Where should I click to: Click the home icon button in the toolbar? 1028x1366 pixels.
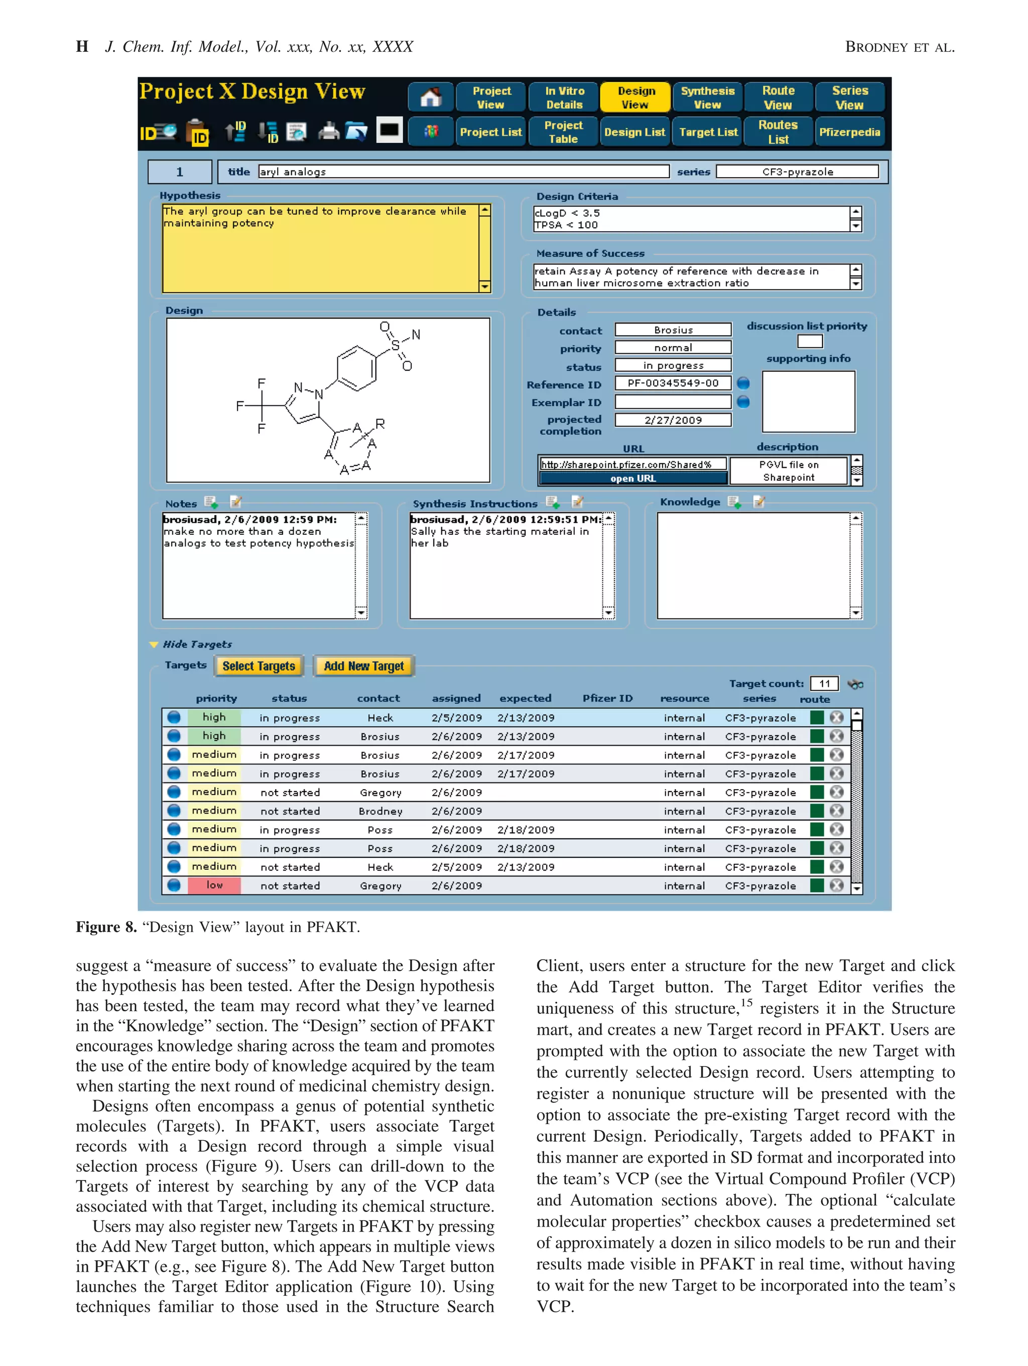point(431,97)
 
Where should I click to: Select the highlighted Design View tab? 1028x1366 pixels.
point(635,97)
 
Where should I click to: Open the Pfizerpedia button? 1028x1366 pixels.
point(849,132)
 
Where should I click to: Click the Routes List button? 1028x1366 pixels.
point(778,132)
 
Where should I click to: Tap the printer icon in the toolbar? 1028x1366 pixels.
point(329,131)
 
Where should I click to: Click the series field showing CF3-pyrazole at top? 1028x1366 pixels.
point(797,172)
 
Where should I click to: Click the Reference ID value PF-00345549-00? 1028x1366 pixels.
point(673,383)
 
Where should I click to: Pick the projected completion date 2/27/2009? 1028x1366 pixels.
point(673,420)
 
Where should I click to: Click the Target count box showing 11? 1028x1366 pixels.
point(824,684)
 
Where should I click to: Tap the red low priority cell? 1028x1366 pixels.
point(214,885)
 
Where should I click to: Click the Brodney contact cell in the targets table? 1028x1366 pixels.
point(380,811)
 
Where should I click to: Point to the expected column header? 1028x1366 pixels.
point(525,698)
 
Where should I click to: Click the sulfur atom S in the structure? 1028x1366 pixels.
point(396,346)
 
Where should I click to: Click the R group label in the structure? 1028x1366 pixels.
point(380,423)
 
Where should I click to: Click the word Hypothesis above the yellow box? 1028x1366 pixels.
point(190,196)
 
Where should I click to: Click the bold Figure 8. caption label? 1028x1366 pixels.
point(106,927)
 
